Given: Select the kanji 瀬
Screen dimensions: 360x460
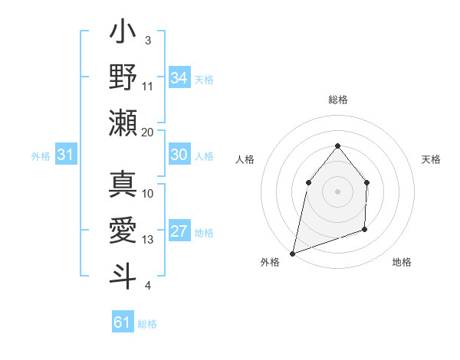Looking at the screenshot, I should click(123, 123).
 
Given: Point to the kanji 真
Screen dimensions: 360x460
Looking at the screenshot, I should click(123, 184).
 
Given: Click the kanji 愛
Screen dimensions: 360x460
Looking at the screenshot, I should click(123, 230).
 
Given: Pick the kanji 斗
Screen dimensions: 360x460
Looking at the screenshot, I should click(123, 274).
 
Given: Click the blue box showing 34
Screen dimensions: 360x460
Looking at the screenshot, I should click(179, 78).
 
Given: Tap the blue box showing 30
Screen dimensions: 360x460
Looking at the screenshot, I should click(179, 155).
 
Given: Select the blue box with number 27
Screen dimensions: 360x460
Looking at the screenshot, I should click(179, 231).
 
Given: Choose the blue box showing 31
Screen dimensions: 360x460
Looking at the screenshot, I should click(66, 155).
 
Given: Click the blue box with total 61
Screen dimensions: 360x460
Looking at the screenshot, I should click(123, 322).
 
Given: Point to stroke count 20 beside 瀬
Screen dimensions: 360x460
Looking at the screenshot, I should click(147, 132).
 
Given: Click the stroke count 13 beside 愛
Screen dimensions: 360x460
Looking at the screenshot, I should click(147, 240).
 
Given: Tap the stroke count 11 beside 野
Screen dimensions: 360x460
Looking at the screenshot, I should click(148, 86).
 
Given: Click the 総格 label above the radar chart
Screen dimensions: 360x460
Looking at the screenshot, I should click(337, 100).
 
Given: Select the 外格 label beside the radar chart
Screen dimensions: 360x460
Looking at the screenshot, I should click(270, 262).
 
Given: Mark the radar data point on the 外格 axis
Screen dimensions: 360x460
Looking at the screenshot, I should click(293, 253).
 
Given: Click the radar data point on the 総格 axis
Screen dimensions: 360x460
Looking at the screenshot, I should click(337, 146).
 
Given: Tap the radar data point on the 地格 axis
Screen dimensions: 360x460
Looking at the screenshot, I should click(365, 229).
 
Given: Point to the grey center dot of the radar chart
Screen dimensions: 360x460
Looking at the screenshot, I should click(337, 191).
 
